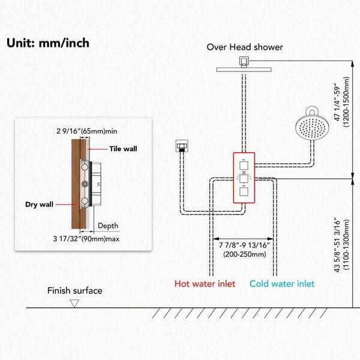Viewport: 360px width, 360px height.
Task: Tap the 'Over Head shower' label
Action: coord(245,47)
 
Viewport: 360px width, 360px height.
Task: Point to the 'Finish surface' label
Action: coord(75,291)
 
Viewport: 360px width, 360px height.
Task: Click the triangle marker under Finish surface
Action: coord(74,304)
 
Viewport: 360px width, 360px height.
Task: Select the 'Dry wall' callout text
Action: coord(39,204)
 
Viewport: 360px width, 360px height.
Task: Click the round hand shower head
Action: coord(312,126)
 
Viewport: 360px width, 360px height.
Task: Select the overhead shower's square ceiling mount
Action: coord(243,61)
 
